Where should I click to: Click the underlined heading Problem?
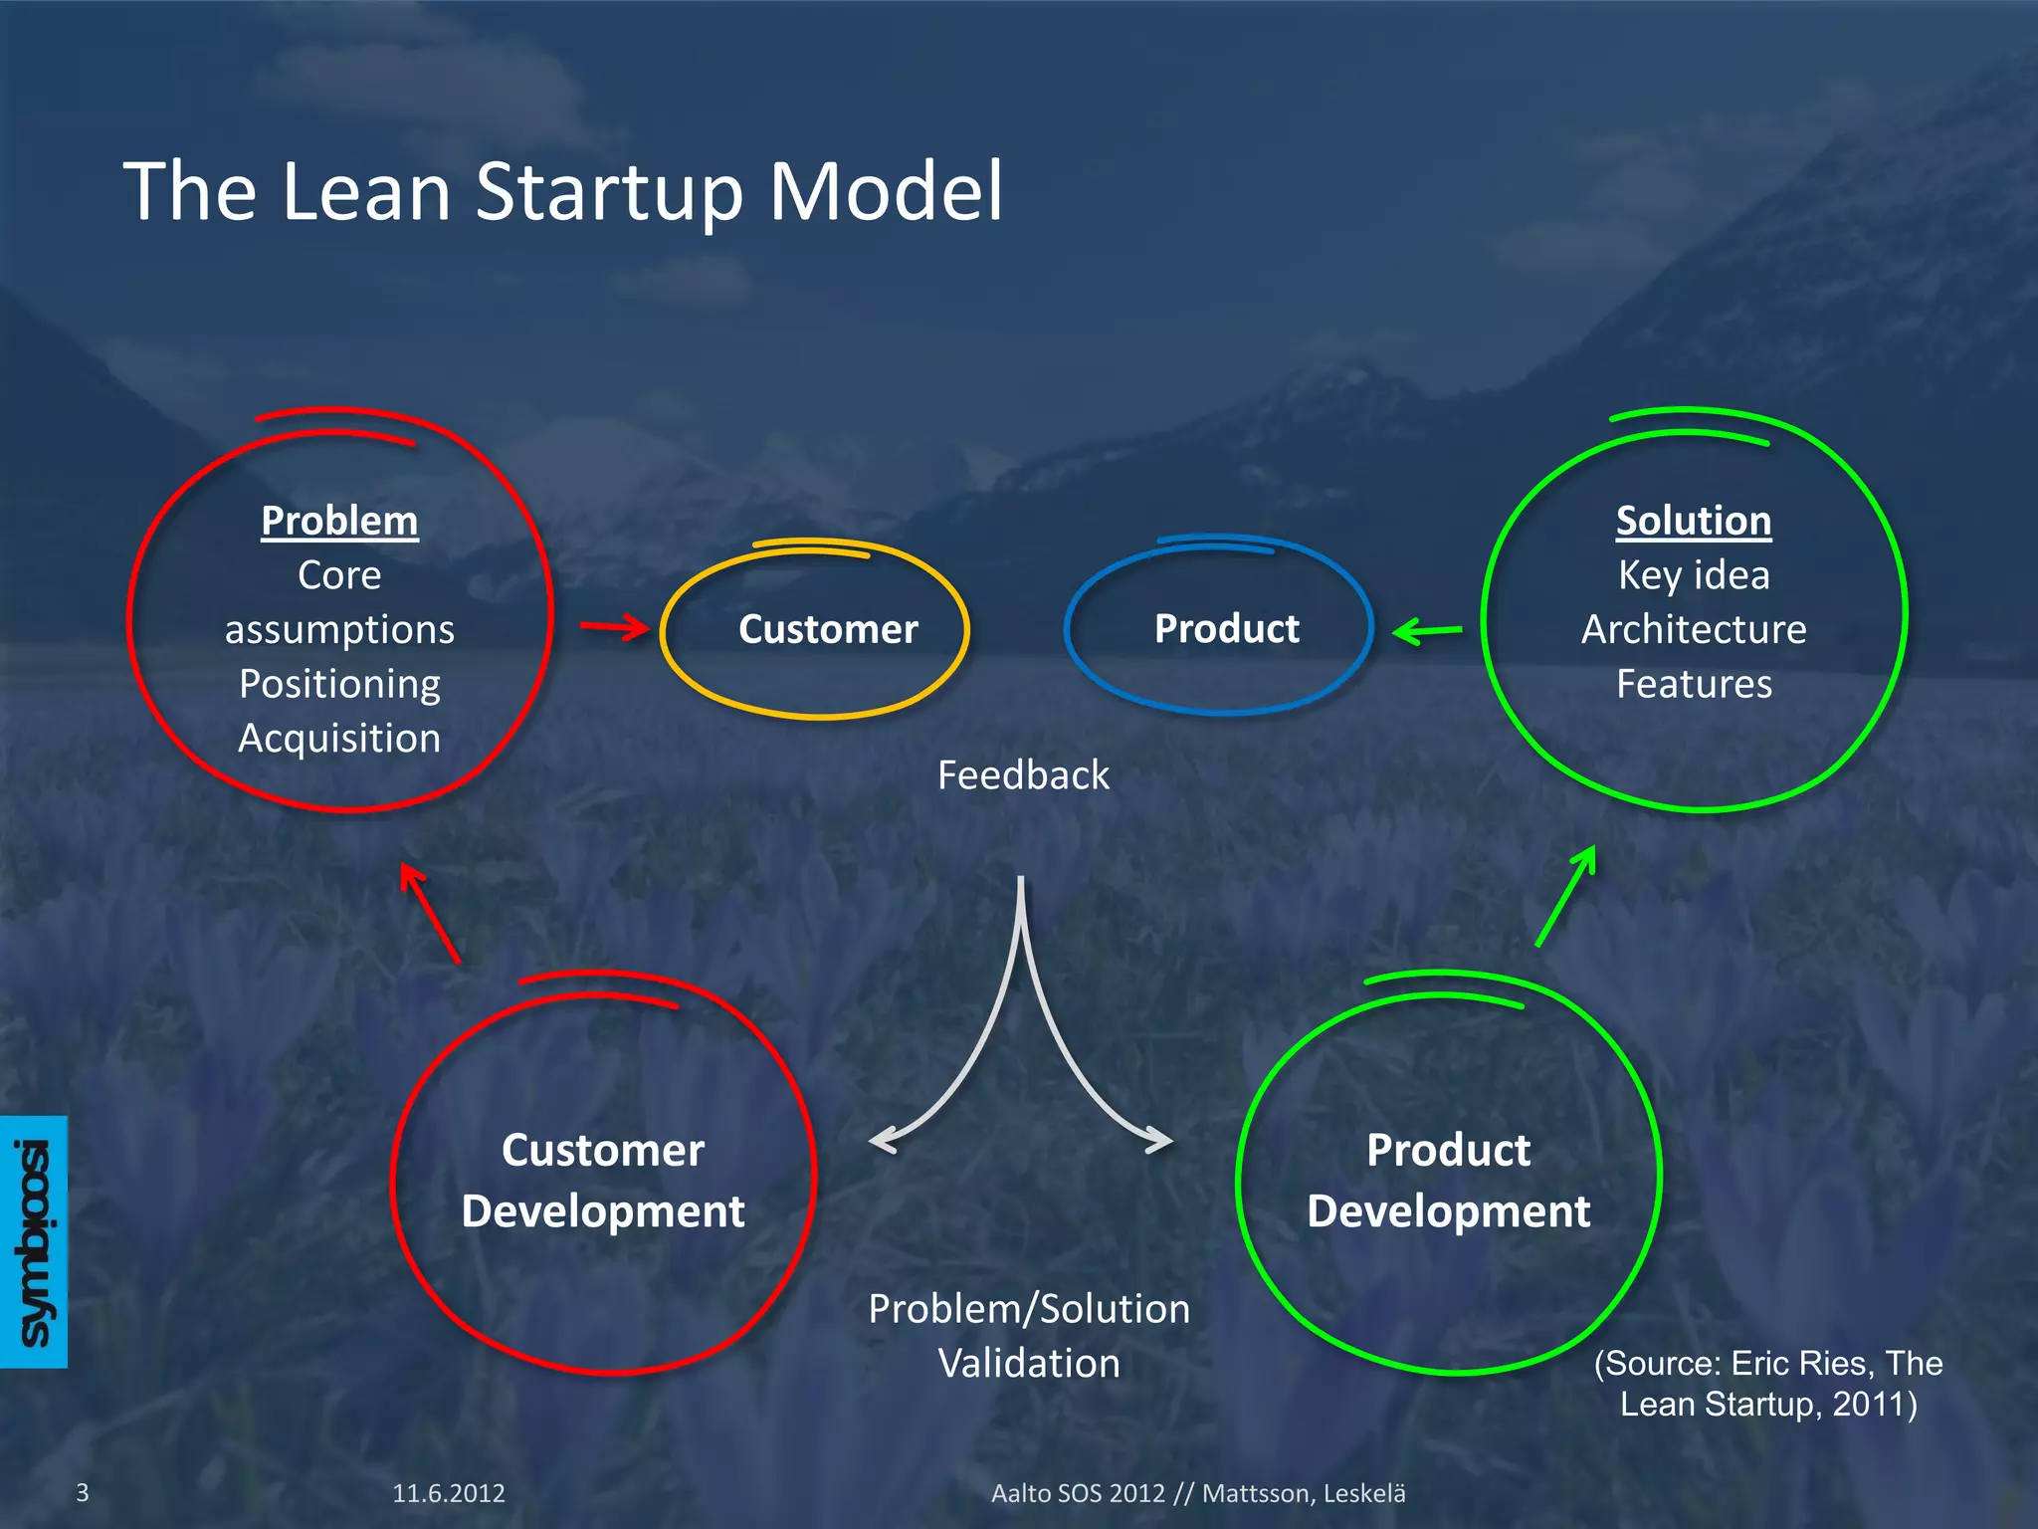tap(339, 521)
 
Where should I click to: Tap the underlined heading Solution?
tap(1693, 521)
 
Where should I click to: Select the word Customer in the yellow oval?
tap(828, 629)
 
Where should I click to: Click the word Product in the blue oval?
tap(1226, 629)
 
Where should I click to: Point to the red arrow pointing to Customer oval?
tap(615, 627)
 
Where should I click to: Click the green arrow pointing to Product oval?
tap(1427, 630)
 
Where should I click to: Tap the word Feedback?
tap(1023, 775)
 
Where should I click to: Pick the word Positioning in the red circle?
tap(339, 684)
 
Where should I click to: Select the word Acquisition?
tap(339, 739)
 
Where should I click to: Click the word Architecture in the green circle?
tap(1694, 629)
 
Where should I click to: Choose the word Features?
tap(1694, 684)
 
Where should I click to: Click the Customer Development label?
tap(603, 1181)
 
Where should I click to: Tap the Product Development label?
tap(1448, 1181)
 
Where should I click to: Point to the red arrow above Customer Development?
tap(429, 912)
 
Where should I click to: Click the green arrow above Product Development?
tap(1566, 895)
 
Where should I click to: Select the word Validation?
tap(1029, 1363)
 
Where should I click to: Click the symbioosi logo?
tap(34, 1241)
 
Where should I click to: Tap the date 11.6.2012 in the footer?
tap(448, 1493)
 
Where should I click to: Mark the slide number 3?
tap(83, 1492)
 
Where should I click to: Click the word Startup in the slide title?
tap(609, 191)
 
